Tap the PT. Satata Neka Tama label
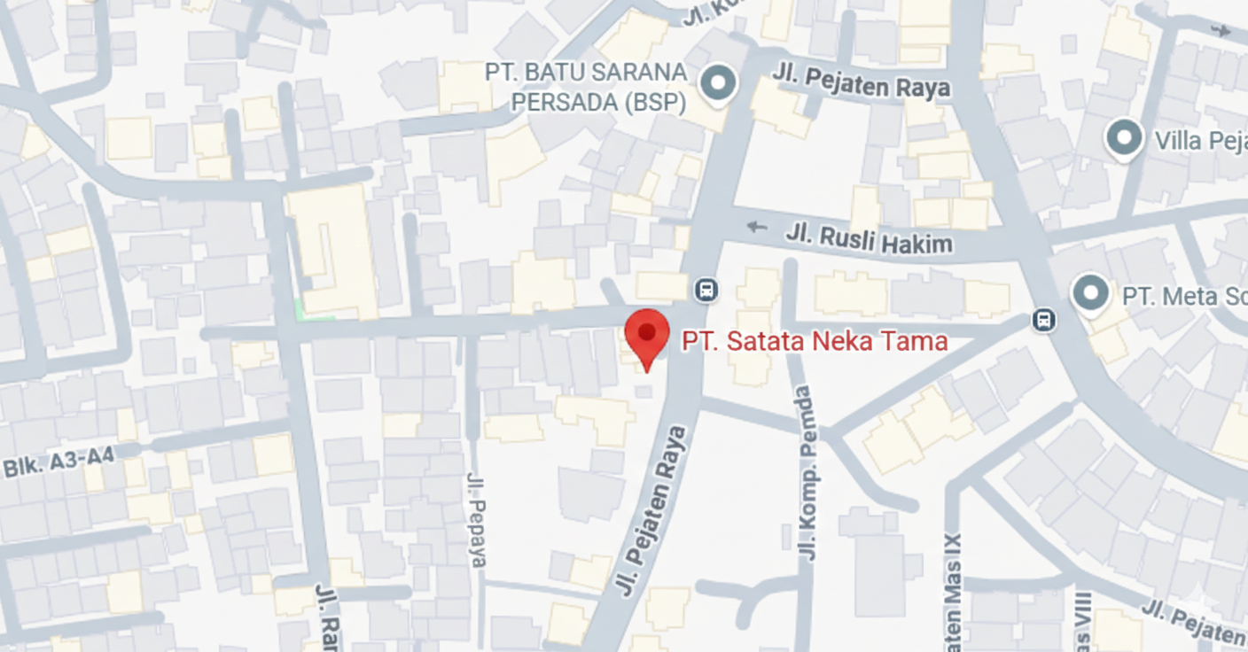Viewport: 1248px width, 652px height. click(815, 341)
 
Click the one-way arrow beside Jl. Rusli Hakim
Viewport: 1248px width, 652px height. click(756, 227)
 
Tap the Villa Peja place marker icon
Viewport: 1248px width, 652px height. click(1125, 139)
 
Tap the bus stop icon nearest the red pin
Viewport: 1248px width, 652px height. click(706, 289)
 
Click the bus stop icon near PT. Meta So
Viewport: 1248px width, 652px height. click(1044, 320)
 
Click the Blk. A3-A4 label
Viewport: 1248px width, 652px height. click(58, 462)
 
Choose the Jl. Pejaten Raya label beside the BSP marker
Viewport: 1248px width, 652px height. click(861, 81)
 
